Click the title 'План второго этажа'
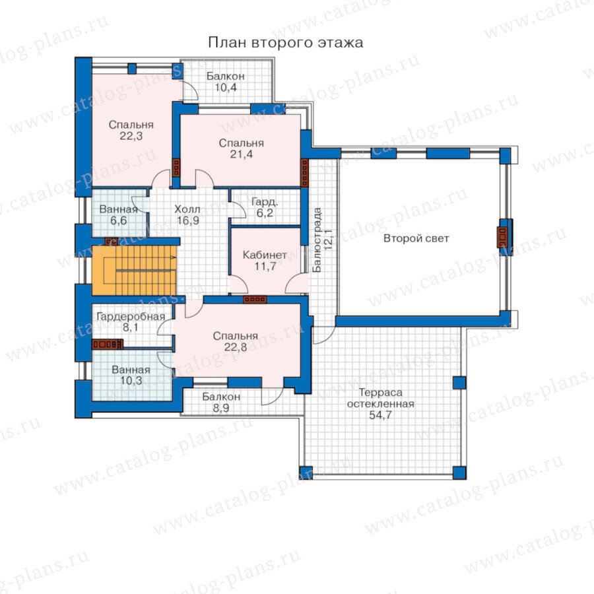pos(285,42)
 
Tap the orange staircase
pos(135,270)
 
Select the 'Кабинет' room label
pos(265,255)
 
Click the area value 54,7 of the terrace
pos(380,415)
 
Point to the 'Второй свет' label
pos(416,238)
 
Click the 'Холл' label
pos(187,209)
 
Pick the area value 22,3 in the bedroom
pos(131,136)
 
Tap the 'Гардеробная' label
pos(131,316)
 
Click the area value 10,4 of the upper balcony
pos(226,88)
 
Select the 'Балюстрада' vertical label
pos(317,240)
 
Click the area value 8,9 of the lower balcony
pos(221,408)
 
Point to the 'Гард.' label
pos(265,202)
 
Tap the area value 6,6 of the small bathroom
pos(118,220)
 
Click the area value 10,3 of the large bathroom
pos(131,381)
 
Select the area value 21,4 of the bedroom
pos(242,154)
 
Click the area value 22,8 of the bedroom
pos(235,347)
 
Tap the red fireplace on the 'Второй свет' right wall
pos(502,238)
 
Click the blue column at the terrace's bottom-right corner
pos(459,473)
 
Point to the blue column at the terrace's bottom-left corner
pos(306,473)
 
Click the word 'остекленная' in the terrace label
pos(380,404)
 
